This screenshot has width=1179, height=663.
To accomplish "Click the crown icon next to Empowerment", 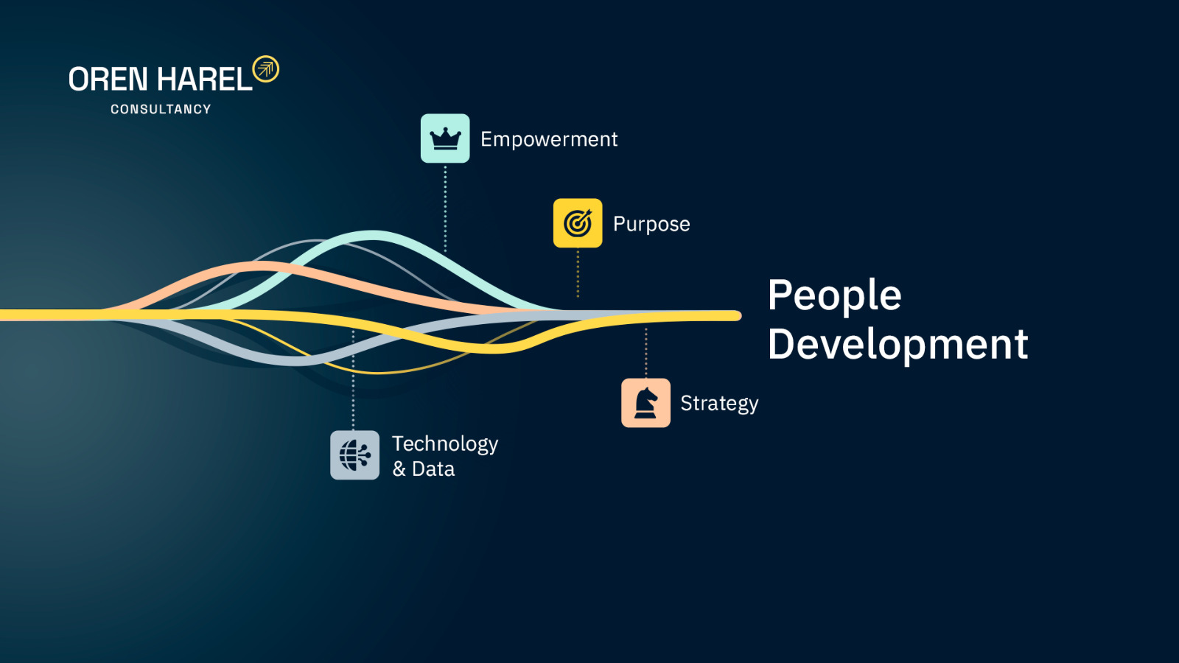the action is tap(445, 138).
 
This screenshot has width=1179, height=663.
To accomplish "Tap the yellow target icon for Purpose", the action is tap(578, 223).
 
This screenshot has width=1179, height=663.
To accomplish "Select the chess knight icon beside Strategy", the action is tap(646, 403).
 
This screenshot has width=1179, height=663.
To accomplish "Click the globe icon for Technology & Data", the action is tap(354, 455).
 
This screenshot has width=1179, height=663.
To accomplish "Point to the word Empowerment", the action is tap(549, 139).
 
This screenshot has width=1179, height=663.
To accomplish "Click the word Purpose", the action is tap(651, 224).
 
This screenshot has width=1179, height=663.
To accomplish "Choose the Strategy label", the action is tap(719, 404).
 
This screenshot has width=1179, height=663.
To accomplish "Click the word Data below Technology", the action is tap(433, 469).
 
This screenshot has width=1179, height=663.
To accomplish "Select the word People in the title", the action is tap(835, 296).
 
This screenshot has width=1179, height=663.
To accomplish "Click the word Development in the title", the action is tap(898, 344).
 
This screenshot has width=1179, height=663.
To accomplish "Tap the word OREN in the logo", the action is tap(108, 80).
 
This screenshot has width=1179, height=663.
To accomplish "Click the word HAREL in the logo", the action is tap(205, 80).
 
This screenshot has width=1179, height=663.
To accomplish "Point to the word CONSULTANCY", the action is tap(161, 109).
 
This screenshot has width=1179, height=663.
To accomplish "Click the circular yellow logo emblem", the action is tap(266, 69).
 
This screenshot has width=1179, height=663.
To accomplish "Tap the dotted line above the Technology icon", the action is tap(353, 379).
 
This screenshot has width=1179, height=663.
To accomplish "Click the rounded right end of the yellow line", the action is tap(737, 316).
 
